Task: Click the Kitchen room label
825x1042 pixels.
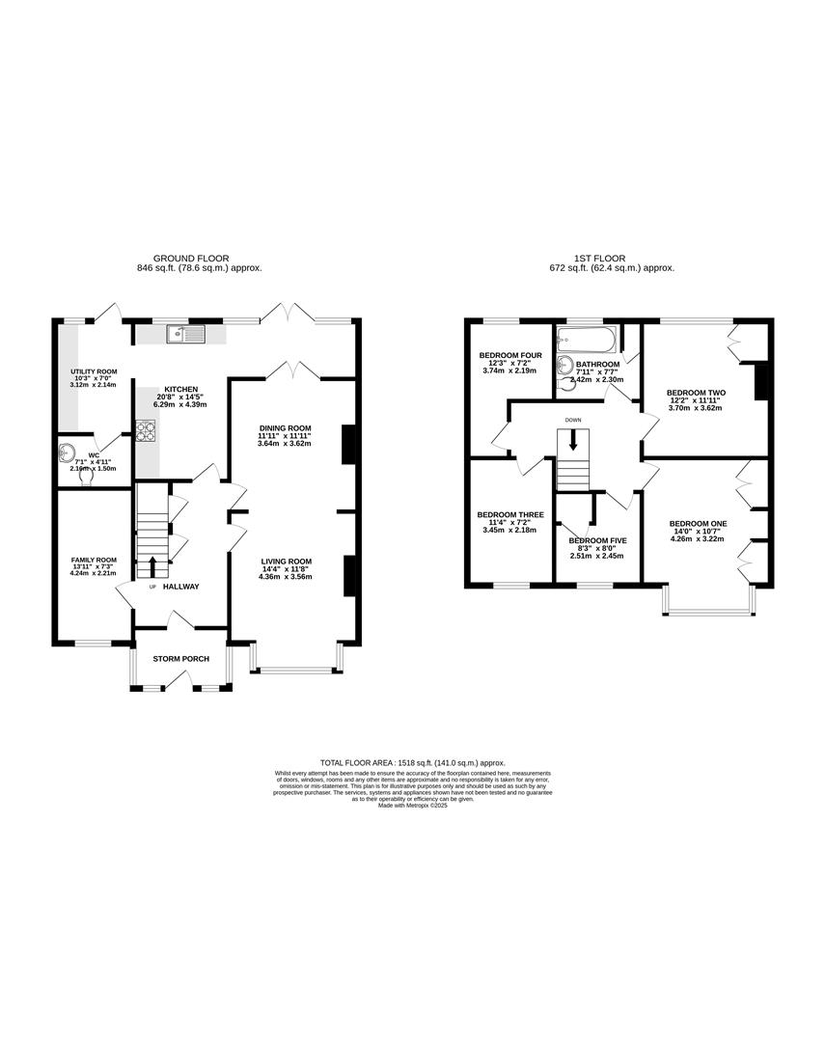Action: click(180, 389)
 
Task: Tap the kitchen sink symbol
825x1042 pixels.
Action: click(184, 335)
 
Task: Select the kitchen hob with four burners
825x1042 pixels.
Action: click(146, 431)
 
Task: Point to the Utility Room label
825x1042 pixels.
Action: click(94, 371)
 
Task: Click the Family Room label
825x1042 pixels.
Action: click(93, 560)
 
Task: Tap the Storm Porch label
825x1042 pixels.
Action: click(180, 659)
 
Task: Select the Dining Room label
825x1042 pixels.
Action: click(285, 427)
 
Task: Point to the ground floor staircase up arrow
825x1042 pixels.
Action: click(151, 565)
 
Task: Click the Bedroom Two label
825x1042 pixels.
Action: click(696, 394)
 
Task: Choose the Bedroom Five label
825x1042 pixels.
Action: click(597, 540)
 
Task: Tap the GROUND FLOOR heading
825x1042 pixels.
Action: click(199, 259)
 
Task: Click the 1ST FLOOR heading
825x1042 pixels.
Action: click(600, 259)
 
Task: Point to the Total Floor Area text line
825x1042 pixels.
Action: click(412, 762)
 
